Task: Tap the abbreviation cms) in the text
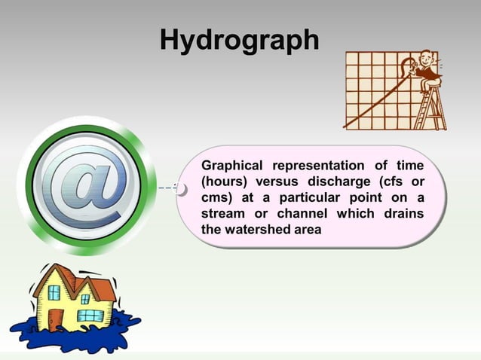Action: pos(217,198)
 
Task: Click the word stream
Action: pos(223,214)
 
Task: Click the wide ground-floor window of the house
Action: pos(91,316)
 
